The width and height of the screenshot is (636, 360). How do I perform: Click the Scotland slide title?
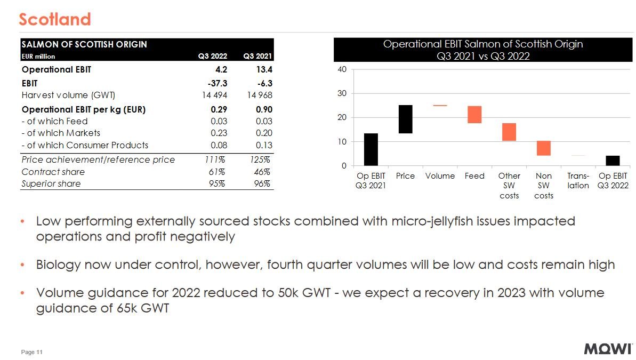pos(54,19)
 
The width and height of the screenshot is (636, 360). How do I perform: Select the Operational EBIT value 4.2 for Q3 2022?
pos(221,69)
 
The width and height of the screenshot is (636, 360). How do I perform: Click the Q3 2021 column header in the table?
pos(257,55)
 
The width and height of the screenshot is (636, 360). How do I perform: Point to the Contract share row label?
pos(53,172)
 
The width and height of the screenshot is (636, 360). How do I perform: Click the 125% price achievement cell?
pos(260,159)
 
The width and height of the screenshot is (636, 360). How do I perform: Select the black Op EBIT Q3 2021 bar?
pos(371,149)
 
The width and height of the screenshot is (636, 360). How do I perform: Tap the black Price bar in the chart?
pos(406,119)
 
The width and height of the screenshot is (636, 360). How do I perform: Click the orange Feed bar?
pos(474,115)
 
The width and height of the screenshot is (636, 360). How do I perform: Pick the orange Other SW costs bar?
pos(509,132)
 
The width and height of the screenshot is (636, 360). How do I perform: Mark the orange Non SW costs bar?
pos(543,148)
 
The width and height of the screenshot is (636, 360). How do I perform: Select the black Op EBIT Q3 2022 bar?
pos(613,161)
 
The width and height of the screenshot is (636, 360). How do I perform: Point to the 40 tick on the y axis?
pos(341,69)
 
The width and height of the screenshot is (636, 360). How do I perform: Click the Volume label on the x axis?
pos(440,175)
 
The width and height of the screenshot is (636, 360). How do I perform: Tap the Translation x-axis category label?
pos(578,180)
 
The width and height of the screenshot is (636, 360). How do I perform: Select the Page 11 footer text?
pos(31,352)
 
